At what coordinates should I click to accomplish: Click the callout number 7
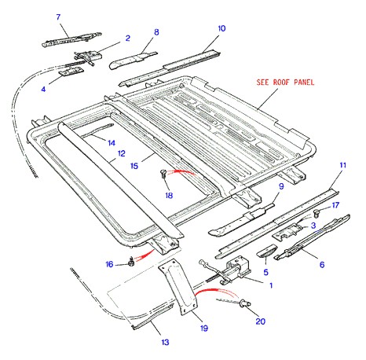tap(58, 17)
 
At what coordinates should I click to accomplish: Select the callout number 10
tap(221, 28)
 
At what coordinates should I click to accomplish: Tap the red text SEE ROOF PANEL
tap(285, 83)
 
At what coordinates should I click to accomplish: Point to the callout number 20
tap(261, 321)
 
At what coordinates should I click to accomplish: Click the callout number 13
tap(165, 342)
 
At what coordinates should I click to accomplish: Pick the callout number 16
tap(109, 264)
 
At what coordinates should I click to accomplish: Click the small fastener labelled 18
tap(163, 174)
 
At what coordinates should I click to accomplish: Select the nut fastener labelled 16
tap(131, 261)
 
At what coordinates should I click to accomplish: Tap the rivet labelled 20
tap(245, 304)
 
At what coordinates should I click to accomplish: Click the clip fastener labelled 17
tap(317, 214)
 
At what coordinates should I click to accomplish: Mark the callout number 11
tap(342, 165)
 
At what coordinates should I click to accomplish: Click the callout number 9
tap(281, 186)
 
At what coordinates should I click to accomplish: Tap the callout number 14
tap(112, 143)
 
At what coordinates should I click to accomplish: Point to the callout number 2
tap(128, 39)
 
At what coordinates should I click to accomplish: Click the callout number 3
tap(313, 226)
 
